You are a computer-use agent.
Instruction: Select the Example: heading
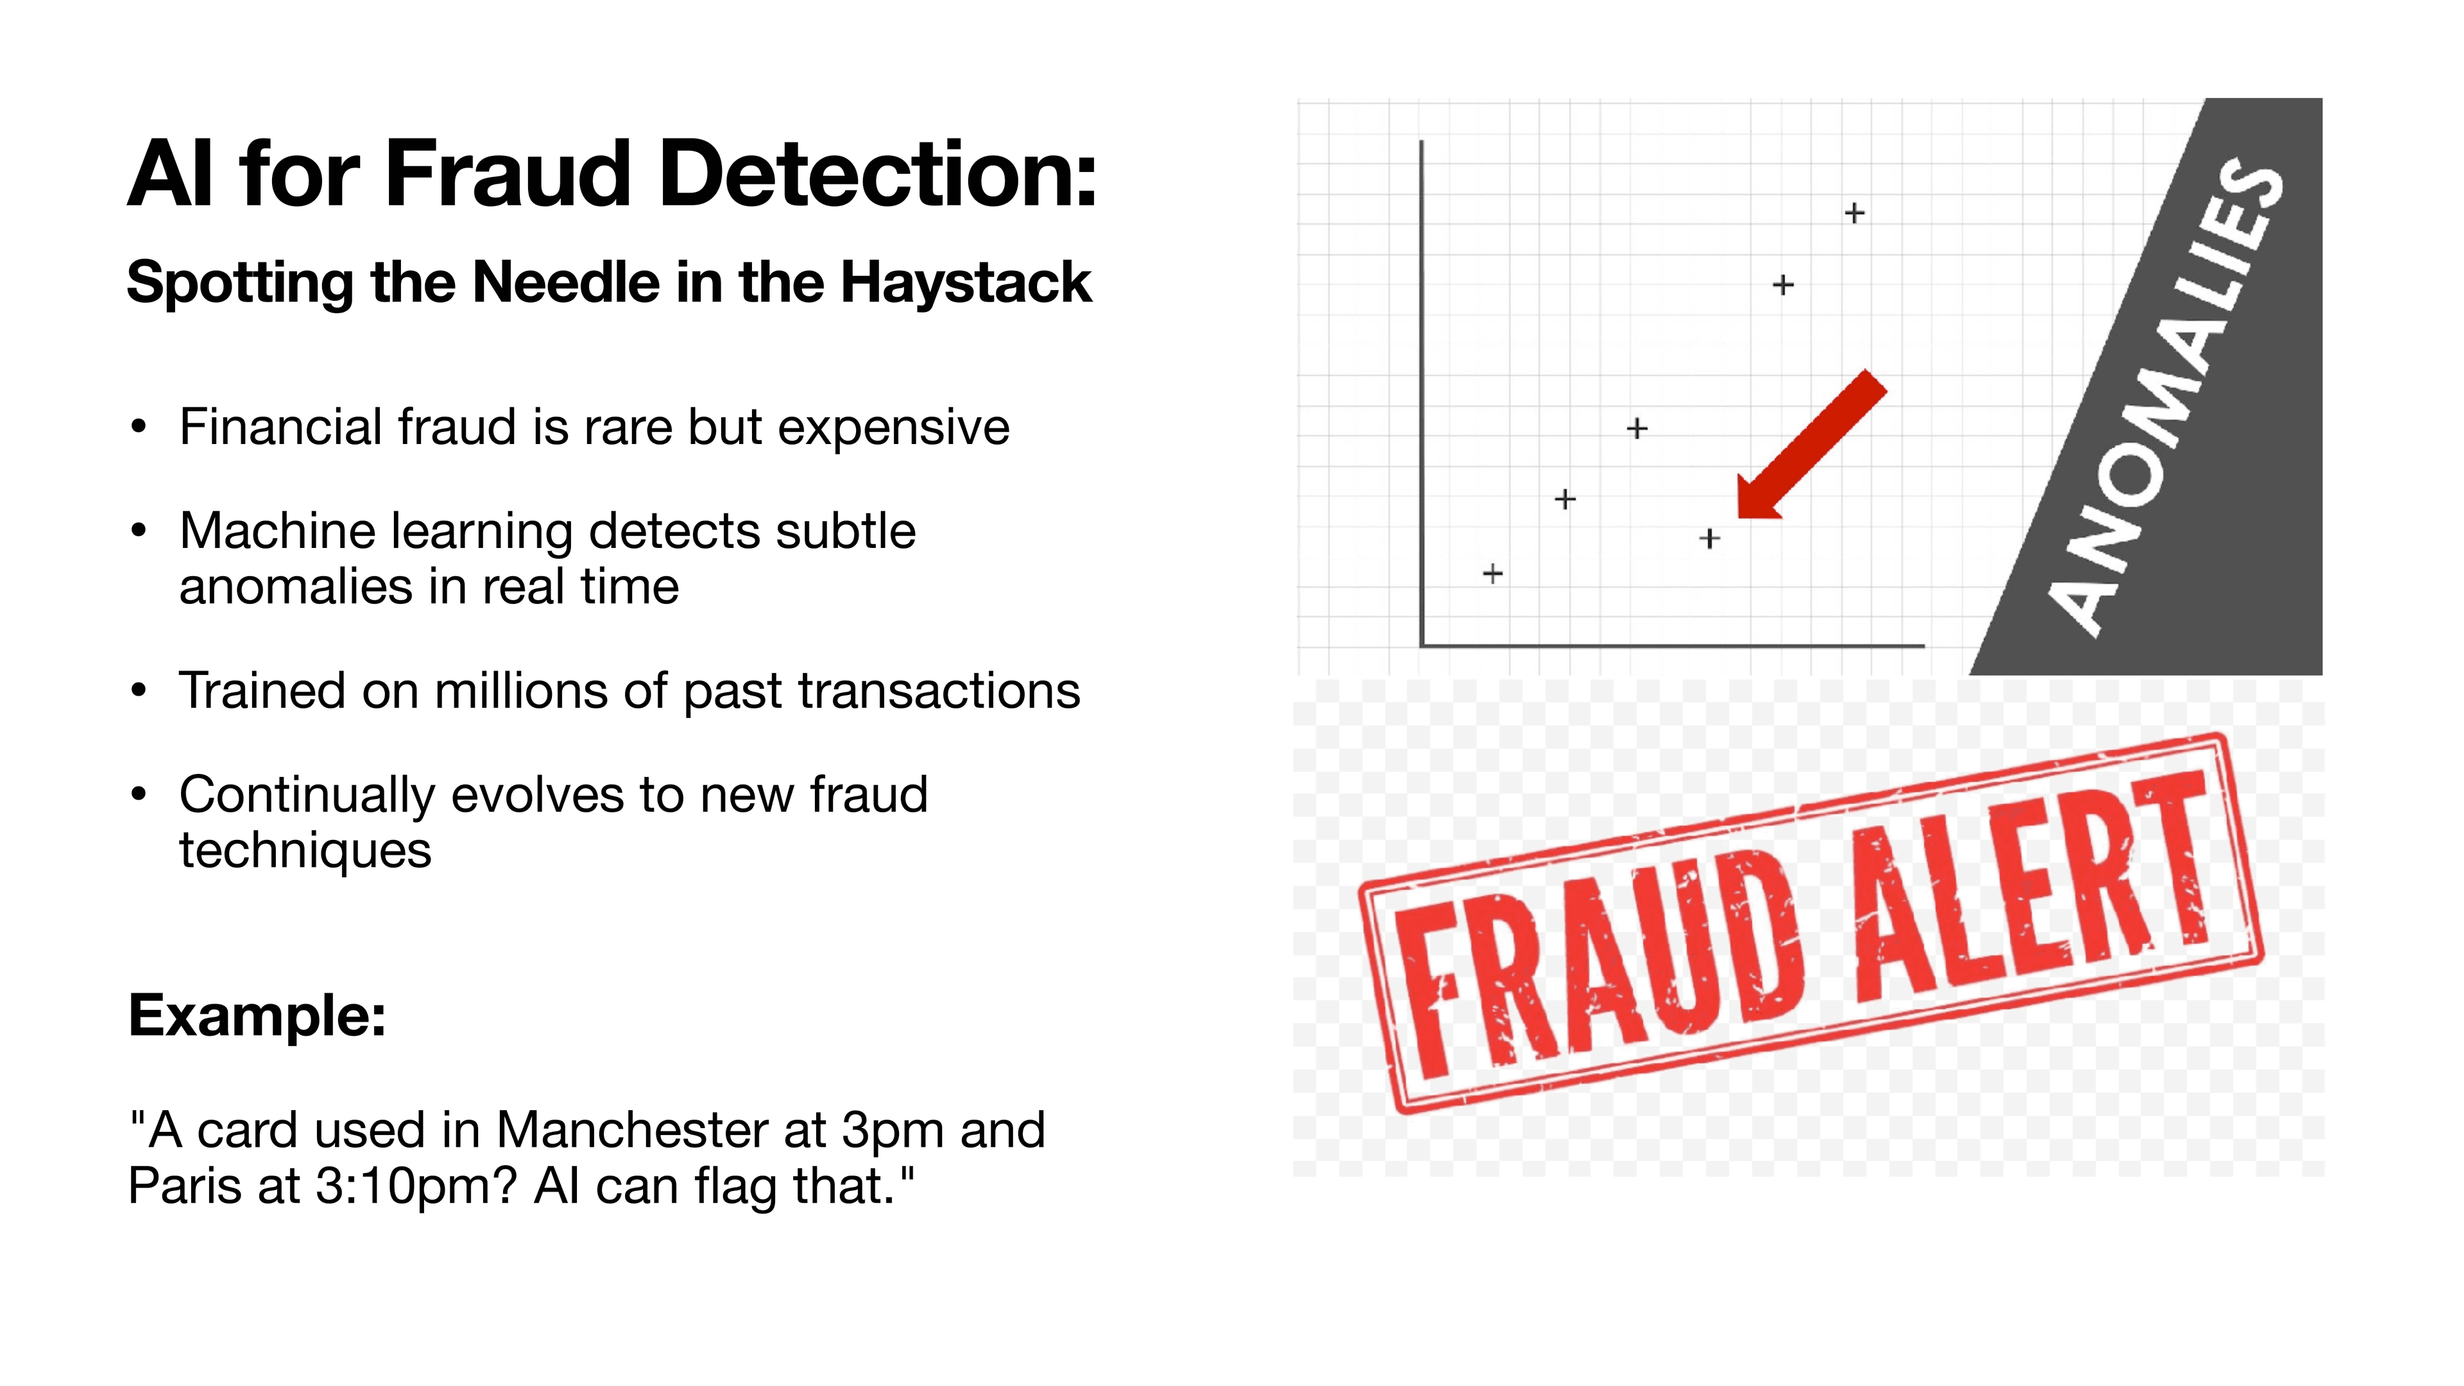[x=257, y=1015]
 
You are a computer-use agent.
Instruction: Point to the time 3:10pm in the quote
[x=415, y=1186]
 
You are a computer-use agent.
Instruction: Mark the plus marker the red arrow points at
[x=1709, y=540]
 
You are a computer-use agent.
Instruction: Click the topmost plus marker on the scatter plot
[x=1854, y=212]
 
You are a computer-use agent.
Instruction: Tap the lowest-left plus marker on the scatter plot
[x=1492, y=574]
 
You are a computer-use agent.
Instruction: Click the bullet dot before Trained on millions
[x=140, y=690]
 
